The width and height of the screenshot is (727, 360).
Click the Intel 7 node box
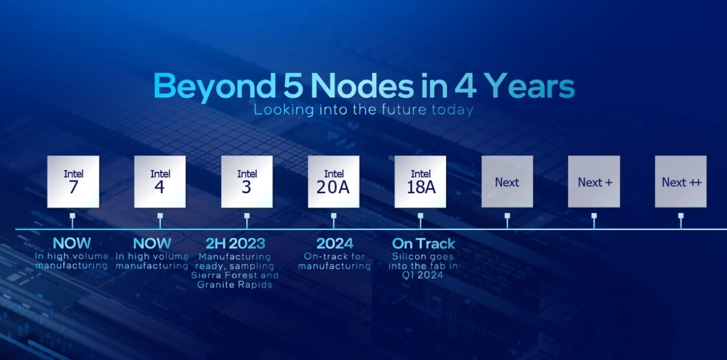tap(74, 182)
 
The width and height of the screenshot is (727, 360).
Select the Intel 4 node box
tap(160, 182)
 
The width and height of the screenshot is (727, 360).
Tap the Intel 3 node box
tap(247, 182)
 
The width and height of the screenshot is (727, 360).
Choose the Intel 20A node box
tap(334, 182)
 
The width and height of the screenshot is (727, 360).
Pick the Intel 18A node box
tap(420, 182)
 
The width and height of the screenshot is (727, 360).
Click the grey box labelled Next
tap(507, 182)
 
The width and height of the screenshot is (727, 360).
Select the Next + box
tap(594, 182)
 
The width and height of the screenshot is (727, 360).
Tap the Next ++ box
tap(681, 182)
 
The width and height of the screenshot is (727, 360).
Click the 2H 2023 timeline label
tap(235, 243)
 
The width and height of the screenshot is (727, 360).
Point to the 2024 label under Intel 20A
tap(335, 243)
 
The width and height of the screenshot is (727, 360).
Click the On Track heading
tap(423, 243)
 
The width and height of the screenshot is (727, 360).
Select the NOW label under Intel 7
tap(72, 243)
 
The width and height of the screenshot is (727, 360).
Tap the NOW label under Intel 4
tap(152, 243)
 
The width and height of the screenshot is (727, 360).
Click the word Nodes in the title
tap(362, 85)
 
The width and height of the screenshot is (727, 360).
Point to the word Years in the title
tap(530, 86)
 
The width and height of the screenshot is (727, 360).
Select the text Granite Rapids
tap(235, 285)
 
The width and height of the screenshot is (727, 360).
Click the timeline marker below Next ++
tap(681, 220)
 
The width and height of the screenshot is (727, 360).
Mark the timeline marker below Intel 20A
tap(334, 220)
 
